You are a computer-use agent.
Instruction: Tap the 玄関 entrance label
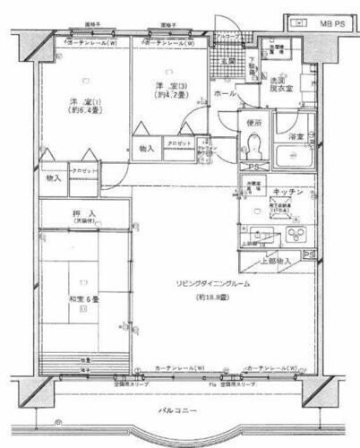coord(227,62)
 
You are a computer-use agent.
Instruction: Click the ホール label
coord(225,93)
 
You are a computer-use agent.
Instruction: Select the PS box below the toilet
coord(253,168)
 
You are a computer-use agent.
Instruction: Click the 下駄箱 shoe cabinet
coord(253,66)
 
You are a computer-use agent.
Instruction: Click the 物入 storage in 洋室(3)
coord(146,148)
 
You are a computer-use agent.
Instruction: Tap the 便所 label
coord(253,124)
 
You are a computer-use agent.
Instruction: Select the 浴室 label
coord(295,136)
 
